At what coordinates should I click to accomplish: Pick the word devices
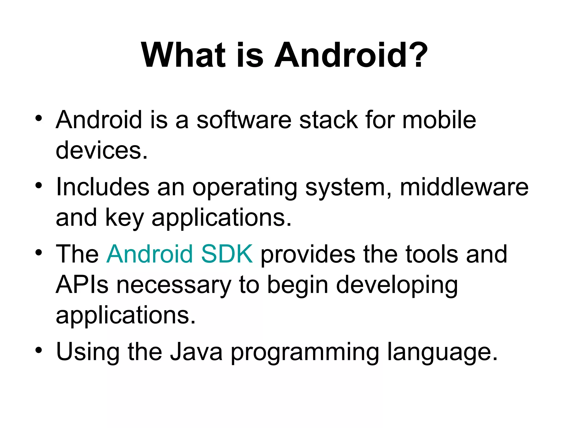pyautogui.click(x=102, y=150)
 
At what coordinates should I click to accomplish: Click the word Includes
pyautogui.click(x=103, y=187)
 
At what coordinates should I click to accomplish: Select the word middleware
pyautogui.click(x=464, y=187)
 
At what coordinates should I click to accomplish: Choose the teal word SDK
pyautogui.click(x=227, y=254)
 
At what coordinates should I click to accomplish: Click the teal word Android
pyautogui.click(x=150, y=254)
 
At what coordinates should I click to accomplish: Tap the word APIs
pyautogui.click(x=82, y=284)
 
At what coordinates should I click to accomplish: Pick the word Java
pyautogui.click(x=196, y=351)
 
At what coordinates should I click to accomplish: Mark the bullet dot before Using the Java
pyautogui.click(x=39, y=350)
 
